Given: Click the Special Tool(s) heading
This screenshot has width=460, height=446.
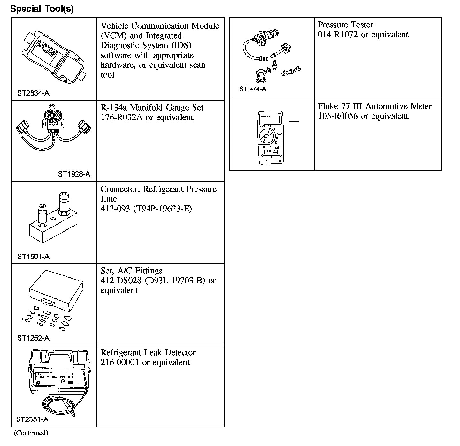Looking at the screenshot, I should coord(42,9).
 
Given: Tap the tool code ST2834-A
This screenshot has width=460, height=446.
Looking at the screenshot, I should coord(33,93).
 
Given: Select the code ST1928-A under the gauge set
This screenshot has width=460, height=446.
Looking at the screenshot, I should coord(74,174).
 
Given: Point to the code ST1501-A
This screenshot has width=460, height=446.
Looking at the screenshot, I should coord(33,257).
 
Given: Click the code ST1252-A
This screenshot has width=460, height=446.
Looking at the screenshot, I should coord(33,338).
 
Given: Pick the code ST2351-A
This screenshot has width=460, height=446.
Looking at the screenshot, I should coord(32,419).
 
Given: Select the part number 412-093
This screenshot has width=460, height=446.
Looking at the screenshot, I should coord(115,209).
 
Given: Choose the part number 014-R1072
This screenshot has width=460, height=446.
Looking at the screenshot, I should coord(338,35).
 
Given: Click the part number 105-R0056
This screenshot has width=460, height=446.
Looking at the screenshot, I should coord(338,116).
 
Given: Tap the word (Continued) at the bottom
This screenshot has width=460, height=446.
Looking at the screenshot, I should coord(31,433).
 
